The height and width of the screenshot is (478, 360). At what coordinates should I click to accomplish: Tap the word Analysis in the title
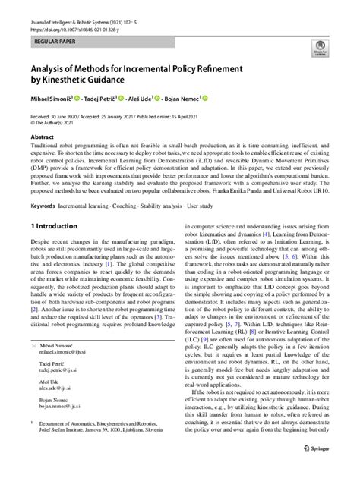click(x=54, y=64)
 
